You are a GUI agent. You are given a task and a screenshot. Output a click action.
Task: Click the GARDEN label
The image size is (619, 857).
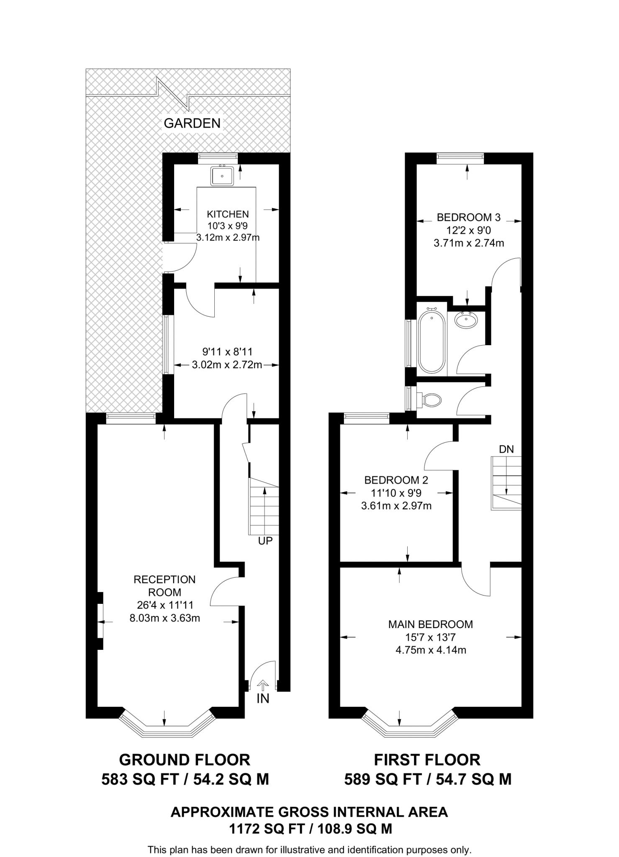[192, 123]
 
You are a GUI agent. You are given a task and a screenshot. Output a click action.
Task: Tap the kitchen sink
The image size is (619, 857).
[222, 175]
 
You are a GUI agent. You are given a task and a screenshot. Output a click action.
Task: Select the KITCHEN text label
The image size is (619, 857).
[228, 214]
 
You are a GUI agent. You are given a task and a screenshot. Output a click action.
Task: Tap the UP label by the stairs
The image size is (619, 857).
[265, 541]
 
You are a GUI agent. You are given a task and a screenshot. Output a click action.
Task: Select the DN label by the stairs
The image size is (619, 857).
[506, 449]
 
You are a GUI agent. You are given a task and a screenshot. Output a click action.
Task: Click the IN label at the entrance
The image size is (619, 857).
[263, 698]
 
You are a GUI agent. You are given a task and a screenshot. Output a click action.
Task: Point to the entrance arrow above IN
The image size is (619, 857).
[263, 685]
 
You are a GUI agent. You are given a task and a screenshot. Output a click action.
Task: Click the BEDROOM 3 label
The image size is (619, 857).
[468, 217]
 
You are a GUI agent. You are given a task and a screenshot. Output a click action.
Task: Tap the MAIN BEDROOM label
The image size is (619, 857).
[430, 624]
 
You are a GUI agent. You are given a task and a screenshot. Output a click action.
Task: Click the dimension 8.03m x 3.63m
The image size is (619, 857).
[164, 618]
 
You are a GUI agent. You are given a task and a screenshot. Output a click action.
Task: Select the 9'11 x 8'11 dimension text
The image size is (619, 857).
[227, 352]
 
